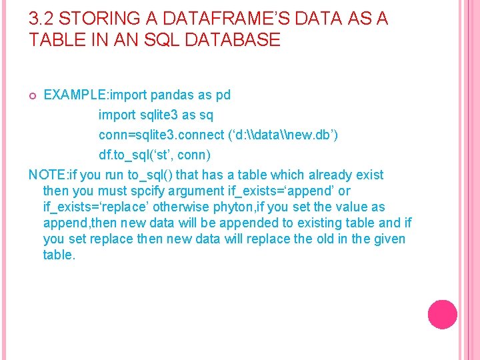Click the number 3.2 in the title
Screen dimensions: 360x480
click(x=41, y=19)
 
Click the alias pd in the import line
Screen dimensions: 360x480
click(x=223, y=95)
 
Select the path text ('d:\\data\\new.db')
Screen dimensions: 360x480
click(x=281, y=135)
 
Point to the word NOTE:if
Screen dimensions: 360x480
click(x=53, y=175)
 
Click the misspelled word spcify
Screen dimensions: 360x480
click(x=151, y=191)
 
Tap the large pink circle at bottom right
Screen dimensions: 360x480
click(x=442, y=315)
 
